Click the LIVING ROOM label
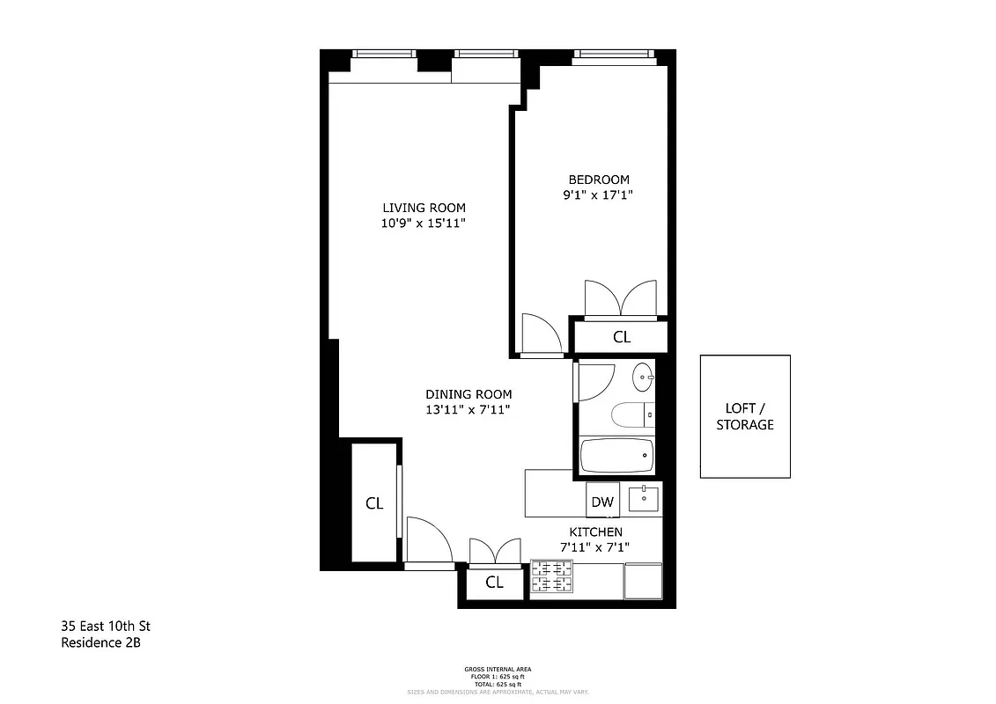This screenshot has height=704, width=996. pyautogui.click(x=424, y=208)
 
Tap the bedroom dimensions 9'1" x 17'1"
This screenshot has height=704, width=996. pyautogui.click(x=598, y=195)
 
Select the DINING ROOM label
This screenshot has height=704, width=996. pyautogui.click(x=468, y=394)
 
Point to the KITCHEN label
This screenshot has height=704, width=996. pyautogui.click(x=595, y=532)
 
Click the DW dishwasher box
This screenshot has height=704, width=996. pyautogui.click(x=602, y=502)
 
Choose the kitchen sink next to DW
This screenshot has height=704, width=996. pyautogui.click(x=644, y=499)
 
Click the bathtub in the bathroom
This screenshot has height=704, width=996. pyautogui.click(x=617, y=456)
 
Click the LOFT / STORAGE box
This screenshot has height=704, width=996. pyautogui.click(x=745, y=416)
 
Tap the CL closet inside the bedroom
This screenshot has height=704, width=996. pyautogui.click(x=622, y=336)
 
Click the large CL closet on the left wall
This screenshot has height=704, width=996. pyautogui.click(x=374, y=503)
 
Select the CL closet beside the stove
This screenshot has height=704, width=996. pyautogui.click(x=494, y=582)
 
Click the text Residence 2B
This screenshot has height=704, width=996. pyautogui.click(x=100, y=643)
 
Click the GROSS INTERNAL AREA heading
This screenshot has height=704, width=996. pyautogui.click(x=498, y=670)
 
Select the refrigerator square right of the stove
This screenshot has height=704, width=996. pyautogui.click(x=642, y=579)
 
